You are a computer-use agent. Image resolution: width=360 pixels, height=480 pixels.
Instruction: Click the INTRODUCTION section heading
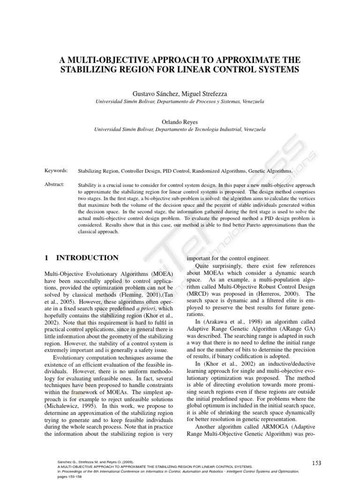(x=87, y=258)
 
